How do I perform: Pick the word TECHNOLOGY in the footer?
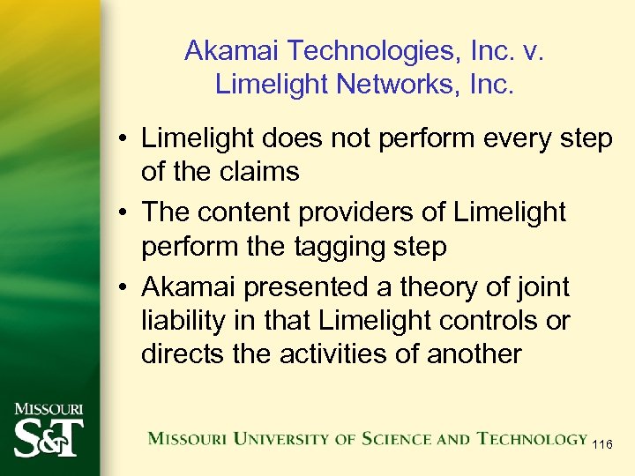coord(531,437)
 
